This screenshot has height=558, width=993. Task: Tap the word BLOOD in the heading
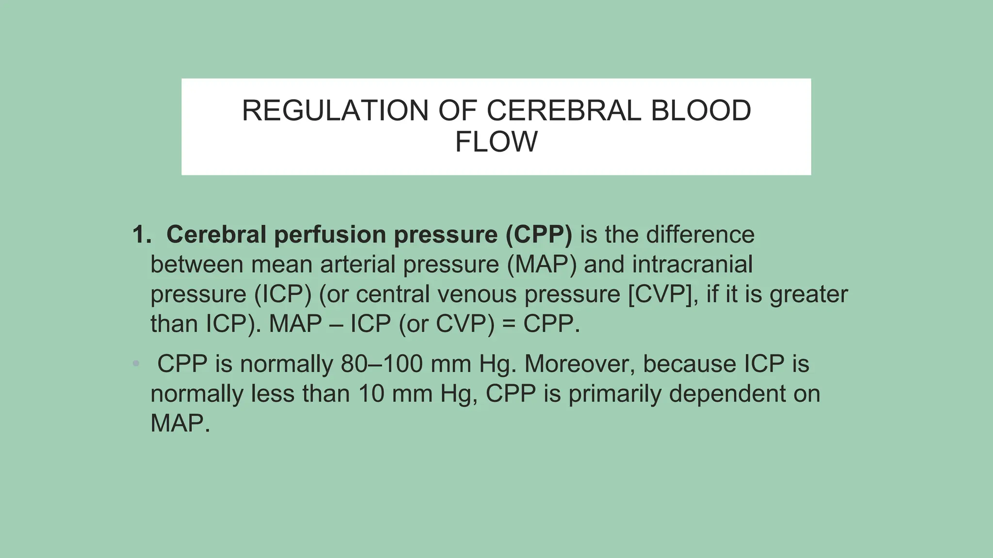tap(701, 110)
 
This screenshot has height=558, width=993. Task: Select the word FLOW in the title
tap(496, 141)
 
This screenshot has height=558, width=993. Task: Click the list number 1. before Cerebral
tap(142, 234)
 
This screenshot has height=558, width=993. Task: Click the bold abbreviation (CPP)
tap(539, 234)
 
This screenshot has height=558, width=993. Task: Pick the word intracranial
tap(692, 264)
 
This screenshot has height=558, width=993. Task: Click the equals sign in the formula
tap(509, 324)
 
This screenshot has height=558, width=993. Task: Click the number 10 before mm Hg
tap(371, 393)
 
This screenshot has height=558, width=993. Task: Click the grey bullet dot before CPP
tap(136, 363)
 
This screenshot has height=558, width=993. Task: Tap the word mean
tap(282, 264)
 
